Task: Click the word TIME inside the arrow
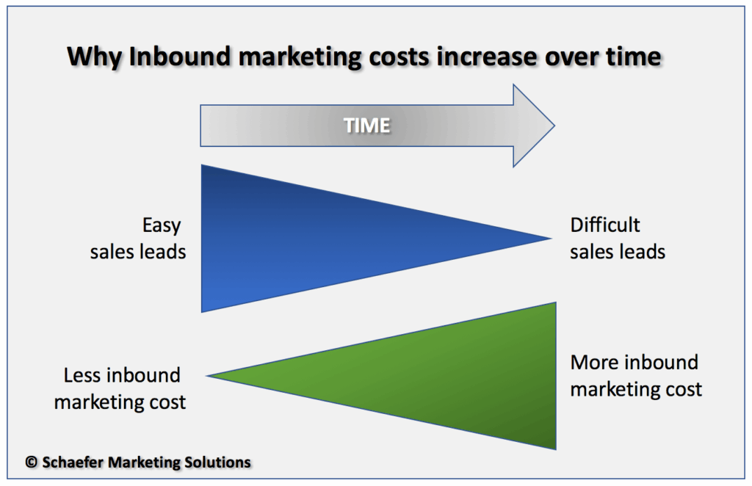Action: [367, 126]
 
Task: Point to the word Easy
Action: [162, 225]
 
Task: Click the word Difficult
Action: [605, 225]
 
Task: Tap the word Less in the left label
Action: [82, 376]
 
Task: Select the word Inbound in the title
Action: [176, 57]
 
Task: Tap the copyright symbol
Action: [31, 463]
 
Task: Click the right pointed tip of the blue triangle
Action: [549, 237]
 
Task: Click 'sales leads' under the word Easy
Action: [138, 252]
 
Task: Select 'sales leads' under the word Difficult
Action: [618, 252]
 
